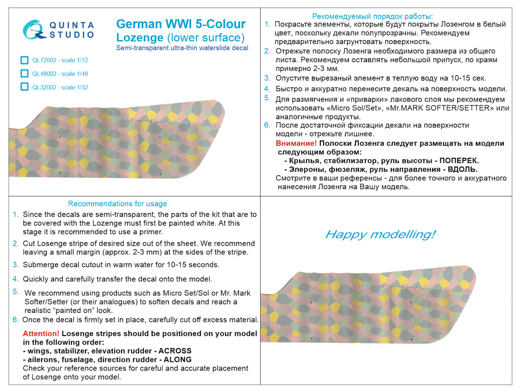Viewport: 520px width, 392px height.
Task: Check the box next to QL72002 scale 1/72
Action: [x=24, y=60]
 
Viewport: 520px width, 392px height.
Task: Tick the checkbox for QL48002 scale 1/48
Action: [x=24, y=74]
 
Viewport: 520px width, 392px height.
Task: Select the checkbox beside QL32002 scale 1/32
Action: [x=24, y=87]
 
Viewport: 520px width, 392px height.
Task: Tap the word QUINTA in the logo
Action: [x=71, y=25]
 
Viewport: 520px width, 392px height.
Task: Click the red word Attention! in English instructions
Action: [x=41, y=334]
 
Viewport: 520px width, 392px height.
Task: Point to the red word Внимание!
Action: [x=296, y=143]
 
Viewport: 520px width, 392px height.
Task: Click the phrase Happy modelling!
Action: [x=380, y=234]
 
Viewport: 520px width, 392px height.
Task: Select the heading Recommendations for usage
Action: [x=117, y=204]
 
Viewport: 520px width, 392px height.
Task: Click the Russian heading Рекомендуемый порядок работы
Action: [x=372, y=16]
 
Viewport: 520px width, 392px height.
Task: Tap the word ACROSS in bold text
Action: [x=175, y=351]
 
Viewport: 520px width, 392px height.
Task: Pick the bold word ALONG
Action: [x=177, y=360]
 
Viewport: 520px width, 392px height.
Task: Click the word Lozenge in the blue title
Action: [x=140, y=38]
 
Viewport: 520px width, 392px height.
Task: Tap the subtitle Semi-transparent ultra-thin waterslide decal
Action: [x=182, y=48]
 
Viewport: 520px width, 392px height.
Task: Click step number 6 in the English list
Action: [x=16, y=320]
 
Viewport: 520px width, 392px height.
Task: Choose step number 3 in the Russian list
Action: [x=267, y=78]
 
